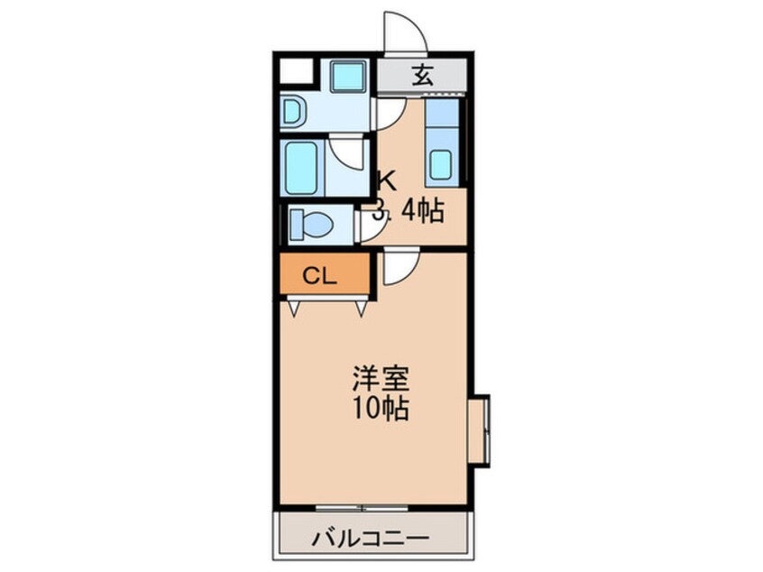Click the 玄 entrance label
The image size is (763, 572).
(423, 75)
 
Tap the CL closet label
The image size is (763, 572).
(319, 276)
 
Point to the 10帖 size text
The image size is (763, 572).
(381, 408)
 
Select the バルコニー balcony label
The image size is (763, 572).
(372, 539)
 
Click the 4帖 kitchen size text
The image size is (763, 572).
(422, 211)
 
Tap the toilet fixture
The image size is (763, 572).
(310, 225)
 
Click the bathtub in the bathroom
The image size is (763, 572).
(302, 168)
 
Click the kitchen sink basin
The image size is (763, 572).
(441, 164)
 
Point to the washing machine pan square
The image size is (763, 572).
(348, 76)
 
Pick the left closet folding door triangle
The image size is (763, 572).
(294, 309)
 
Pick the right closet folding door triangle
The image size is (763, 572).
(361, 309)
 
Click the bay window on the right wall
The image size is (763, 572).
(479, 431)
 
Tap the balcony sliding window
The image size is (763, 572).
(362, 508)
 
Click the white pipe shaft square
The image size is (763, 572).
(296, 72)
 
